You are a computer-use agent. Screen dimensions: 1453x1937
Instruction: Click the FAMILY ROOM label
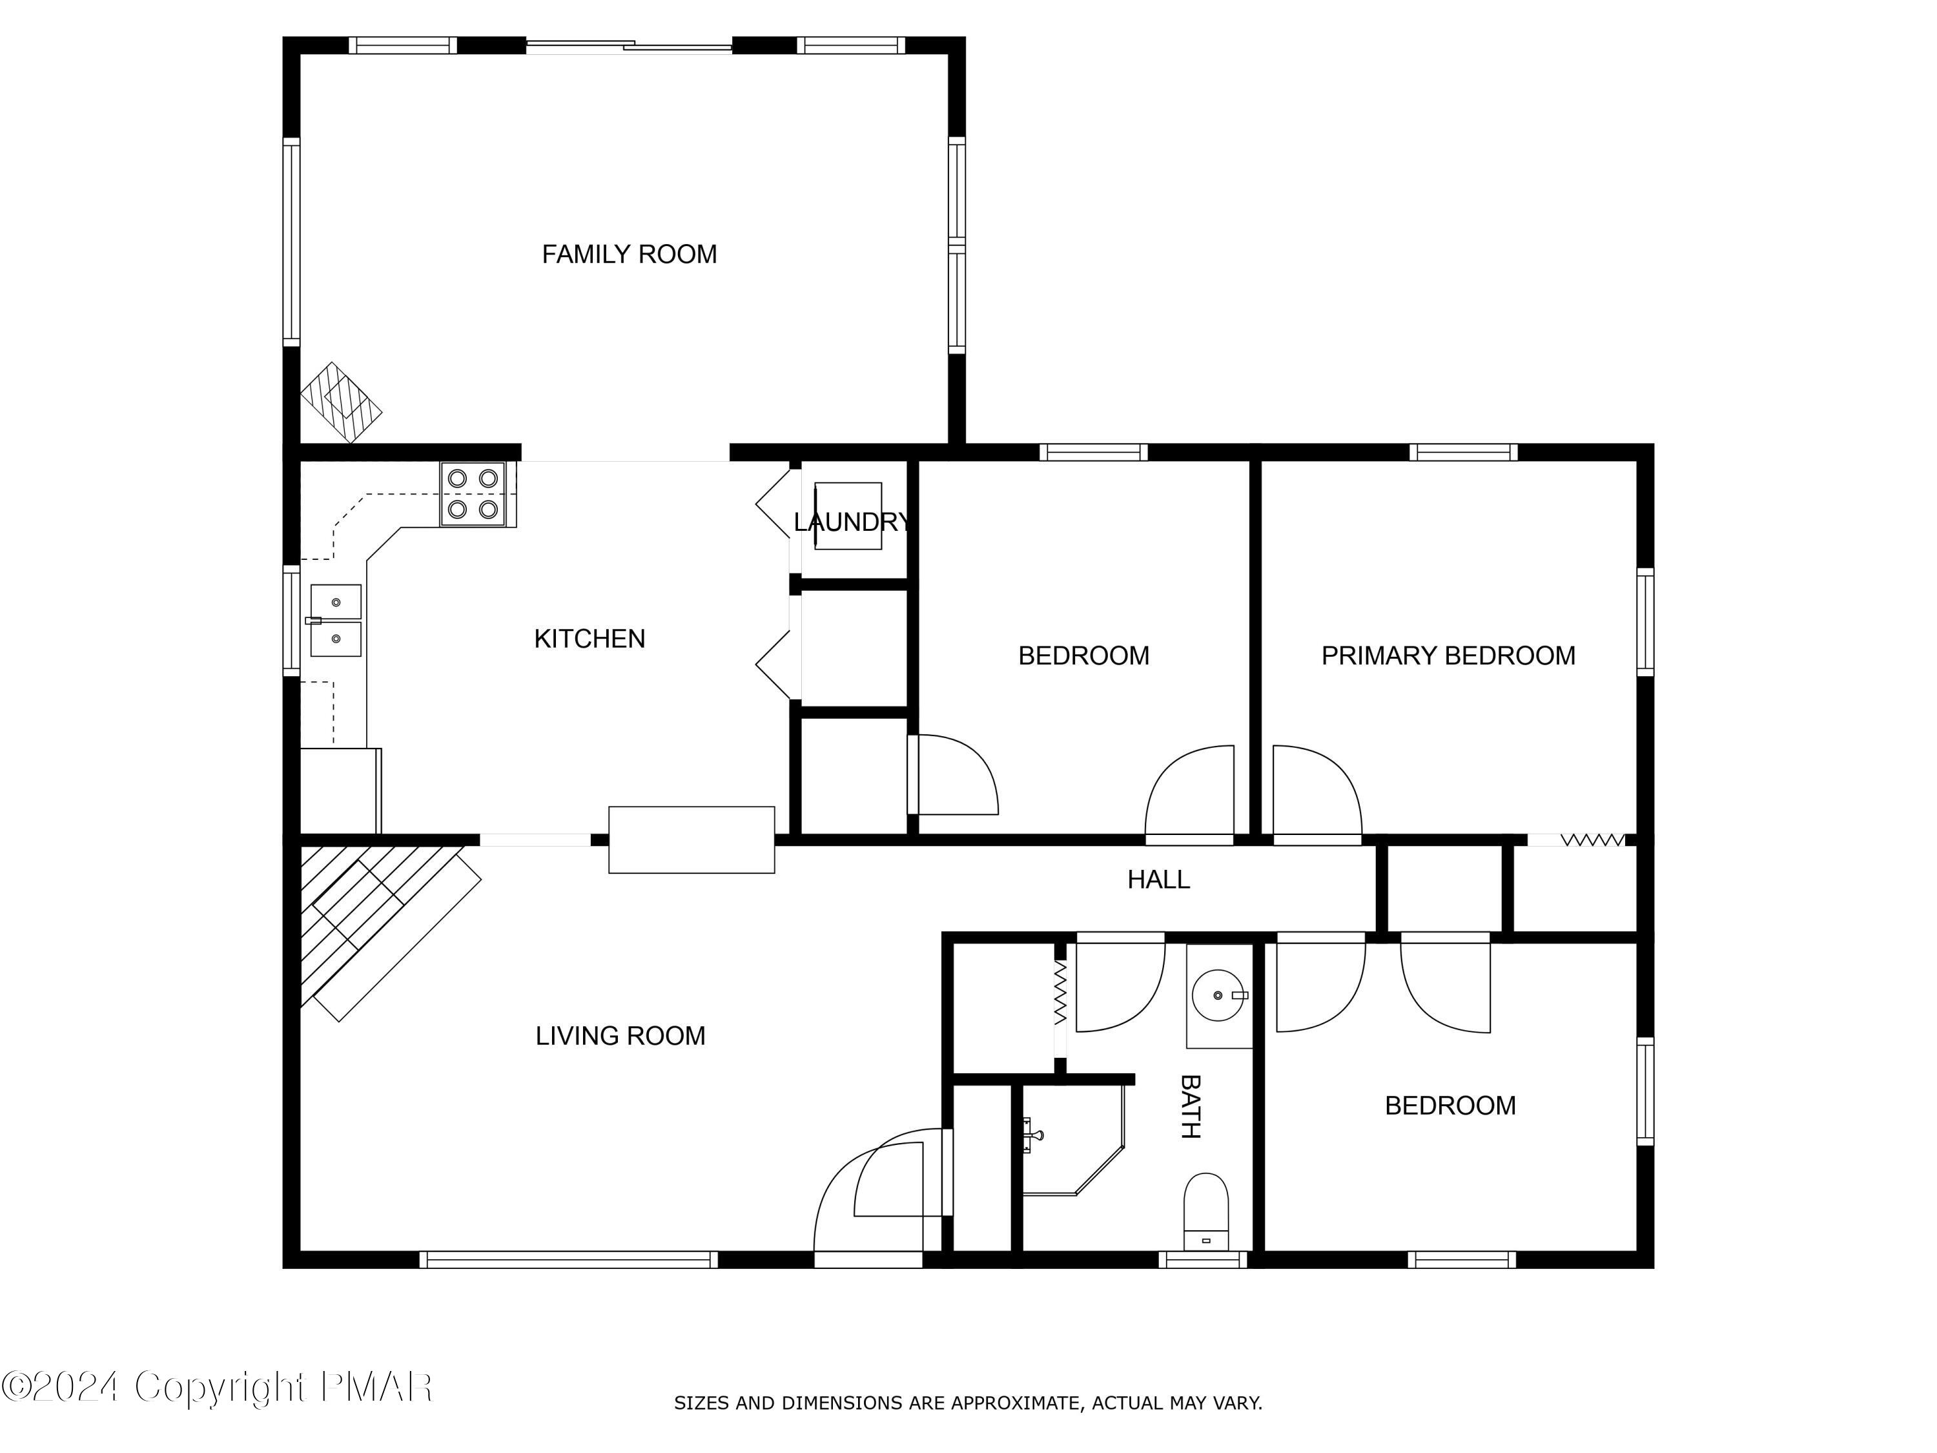629,254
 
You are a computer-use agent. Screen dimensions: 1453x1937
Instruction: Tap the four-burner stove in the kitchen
473,494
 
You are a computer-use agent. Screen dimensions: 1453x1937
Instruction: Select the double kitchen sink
335,620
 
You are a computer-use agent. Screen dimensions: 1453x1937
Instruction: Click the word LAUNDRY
851,522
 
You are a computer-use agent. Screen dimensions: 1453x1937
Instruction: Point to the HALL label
1158,880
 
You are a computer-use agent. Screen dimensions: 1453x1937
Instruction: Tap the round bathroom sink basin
1218,996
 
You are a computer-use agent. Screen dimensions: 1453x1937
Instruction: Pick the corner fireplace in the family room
341,403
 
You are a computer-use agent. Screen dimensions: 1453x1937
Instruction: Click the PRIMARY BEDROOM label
1448,655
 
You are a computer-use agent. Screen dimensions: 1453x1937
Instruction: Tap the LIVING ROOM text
620,1035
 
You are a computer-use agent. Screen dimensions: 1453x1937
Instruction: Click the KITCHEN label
589,639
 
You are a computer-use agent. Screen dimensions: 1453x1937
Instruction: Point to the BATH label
1189,1106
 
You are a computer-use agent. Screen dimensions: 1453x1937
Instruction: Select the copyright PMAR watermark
217,1387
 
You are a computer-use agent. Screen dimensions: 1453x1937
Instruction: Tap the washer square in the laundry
848,516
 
